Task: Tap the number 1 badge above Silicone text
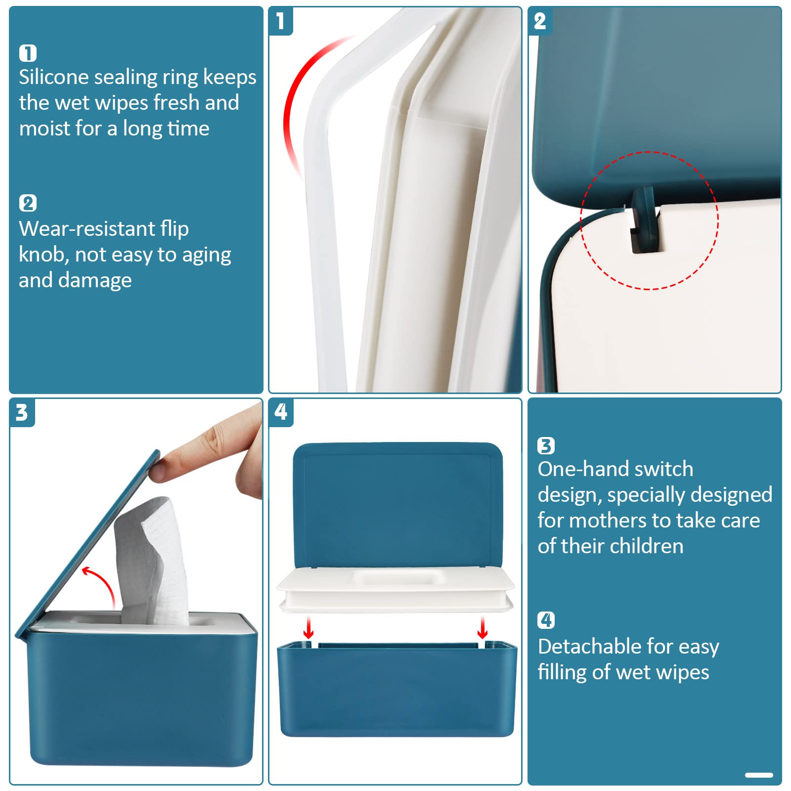tap(28, 53)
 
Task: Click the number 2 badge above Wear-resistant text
tap(28, 203)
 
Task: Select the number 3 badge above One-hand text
tap(546, 446)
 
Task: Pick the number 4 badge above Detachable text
tap(546, 620)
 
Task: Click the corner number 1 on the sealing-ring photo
tap(280, 21)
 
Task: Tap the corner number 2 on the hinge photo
tap(540, 21)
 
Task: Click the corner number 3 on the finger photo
tap(21, 412)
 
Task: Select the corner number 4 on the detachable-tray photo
tap(281, 412)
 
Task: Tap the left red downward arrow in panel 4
tap(308, 628)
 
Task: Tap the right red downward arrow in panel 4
tap(483, 628)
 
